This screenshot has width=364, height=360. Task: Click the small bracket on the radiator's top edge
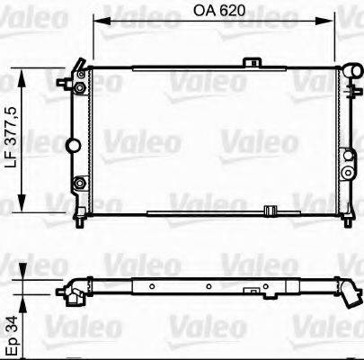254,62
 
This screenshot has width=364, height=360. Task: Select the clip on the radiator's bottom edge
269,211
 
